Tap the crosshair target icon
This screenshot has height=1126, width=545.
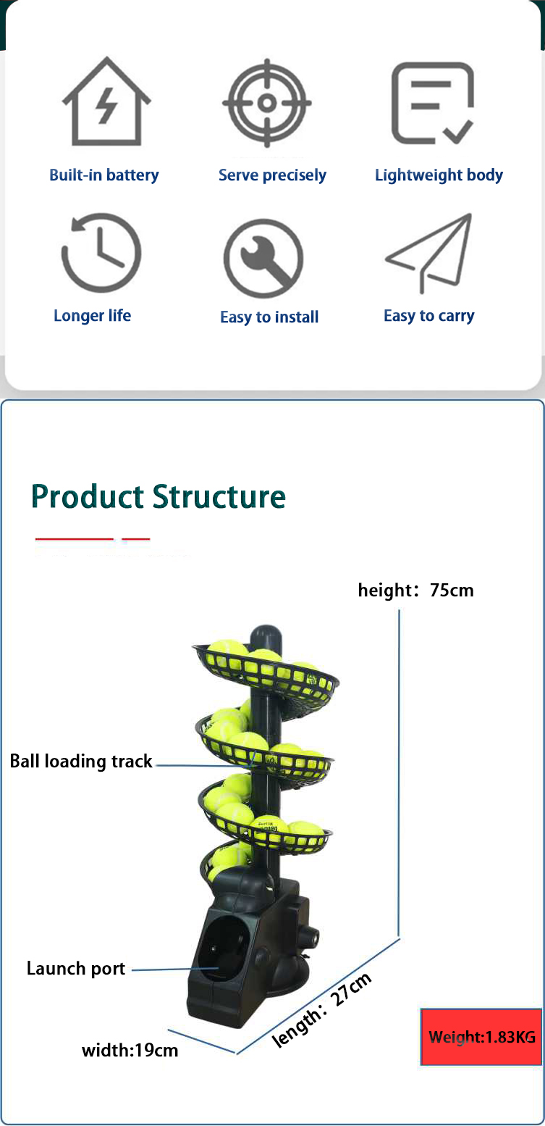(267, 103)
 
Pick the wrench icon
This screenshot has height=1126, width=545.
(263, 257)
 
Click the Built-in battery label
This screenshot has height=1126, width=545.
(104, 175)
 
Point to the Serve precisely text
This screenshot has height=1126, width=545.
(272, 175)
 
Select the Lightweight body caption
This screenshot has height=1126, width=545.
(439, 175)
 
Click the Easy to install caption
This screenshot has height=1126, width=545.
(269, 317)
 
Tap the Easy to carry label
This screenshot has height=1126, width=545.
(429, 316)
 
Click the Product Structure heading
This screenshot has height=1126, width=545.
(159, 496)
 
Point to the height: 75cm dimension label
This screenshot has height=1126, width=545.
(416, 590)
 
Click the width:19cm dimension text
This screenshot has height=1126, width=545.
(130, 1050)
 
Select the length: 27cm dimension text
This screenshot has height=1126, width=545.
(321, 1009)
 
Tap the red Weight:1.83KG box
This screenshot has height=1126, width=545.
(481, 1037)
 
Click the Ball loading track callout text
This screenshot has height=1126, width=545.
(81, 761)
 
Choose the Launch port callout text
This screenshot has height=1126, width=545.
(76, 968)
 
